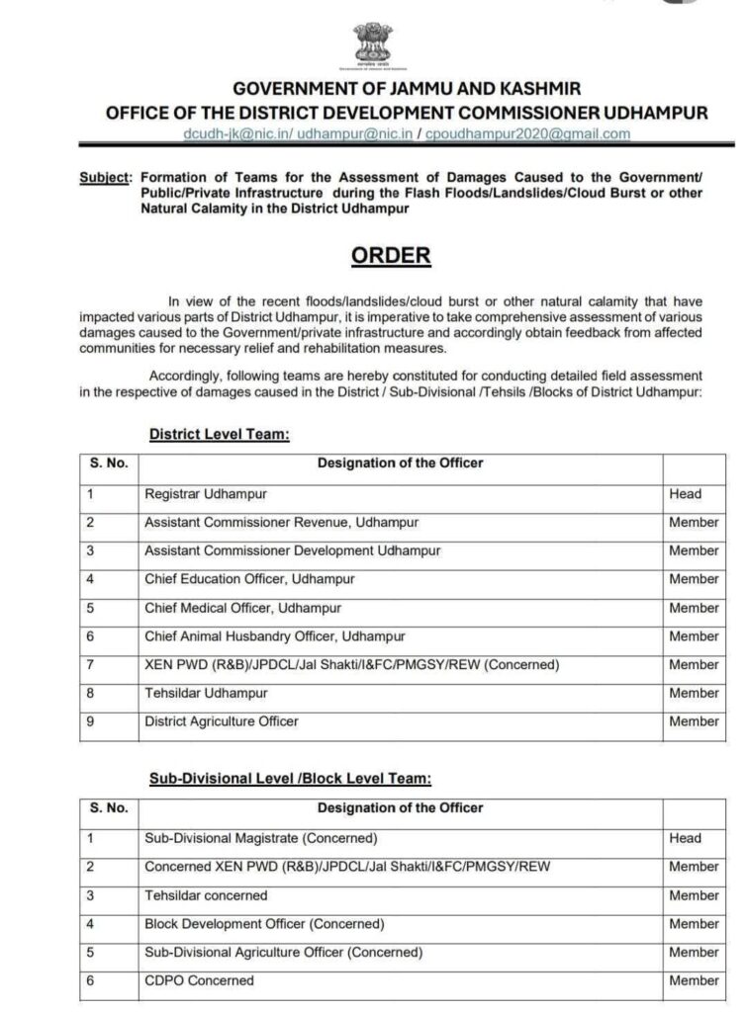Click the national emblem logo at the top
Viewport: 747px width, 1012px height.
pos(373,47)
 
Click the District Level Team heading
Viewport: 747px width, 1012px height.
pos(218,433)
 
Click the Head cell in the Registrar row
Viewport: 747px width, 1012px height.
pos(685,493)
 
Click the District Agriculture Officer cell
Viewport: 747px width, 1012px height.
pos(222,722)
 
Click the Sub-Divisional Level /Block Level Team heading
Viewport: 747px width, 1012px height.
pos(290,779)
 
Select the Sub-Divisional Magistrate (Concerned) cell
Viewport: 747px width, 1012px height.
pos(261,838)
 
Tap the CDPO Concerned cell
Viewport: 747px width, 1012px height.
pos(199,980)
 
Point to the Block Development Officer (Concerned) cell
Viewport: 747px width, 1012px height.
pos(264,924)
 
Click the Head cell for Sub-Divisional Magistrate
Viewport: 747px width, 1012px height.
pos(685,838)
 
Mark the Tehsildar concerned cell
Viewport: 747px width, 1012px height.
pos(206,895)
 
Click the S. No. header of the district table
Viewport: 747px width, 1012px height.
pos(108,462)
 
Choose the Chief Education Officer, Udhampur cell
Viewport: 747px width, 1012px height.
pos(249,579)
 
